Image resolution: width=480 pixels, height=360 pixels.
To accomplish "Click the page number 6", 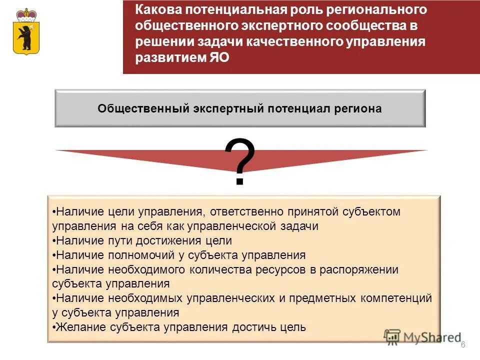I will tap(463, 344).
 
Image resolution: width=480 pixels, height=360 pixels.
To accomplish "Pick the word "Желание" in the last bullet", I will tap(77, 327).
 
